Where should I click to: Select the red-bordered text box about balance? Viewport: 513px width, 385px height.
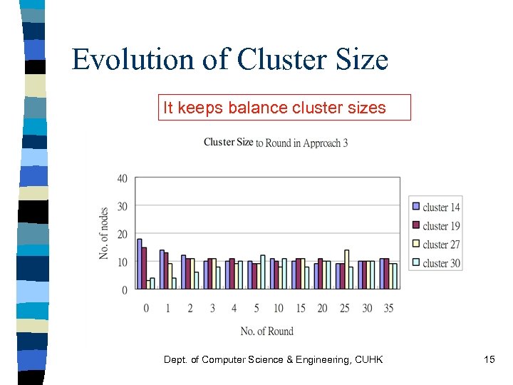(284, 108)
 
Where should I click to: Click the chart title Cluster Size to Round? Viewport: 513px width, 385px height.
(275, 142)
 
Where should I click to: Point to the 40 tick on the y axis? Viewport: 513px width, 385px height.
(123, 178)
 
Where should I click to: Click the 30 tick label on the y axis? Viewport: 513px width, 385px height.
(123, 206)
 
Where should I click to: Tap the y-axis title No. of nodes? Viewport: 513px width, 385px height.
(104, 233)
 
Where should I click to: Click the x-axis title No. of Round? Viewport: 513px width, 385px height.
(266, 331)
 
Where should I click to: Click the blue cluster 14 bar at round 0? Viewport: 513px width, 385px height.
(140, 264)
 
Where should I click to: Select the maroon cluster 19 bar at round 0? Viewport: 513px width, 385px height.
(144, 268)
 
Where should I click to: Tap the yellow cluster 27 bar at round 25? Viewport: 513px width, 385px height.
(346, 269)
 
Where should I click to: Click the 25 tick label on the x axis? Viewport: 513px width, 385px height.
(344, 308)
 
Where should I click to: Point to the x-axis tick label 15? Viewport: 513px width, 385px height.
(300, 308)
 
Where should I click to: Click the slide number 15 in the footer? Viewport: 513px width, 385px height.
(489, 360)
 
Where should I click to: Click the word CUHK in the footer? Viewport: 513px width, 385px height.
(368, 360)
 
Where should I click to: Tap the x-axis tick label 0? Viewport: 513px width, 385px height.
(146, 308)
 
